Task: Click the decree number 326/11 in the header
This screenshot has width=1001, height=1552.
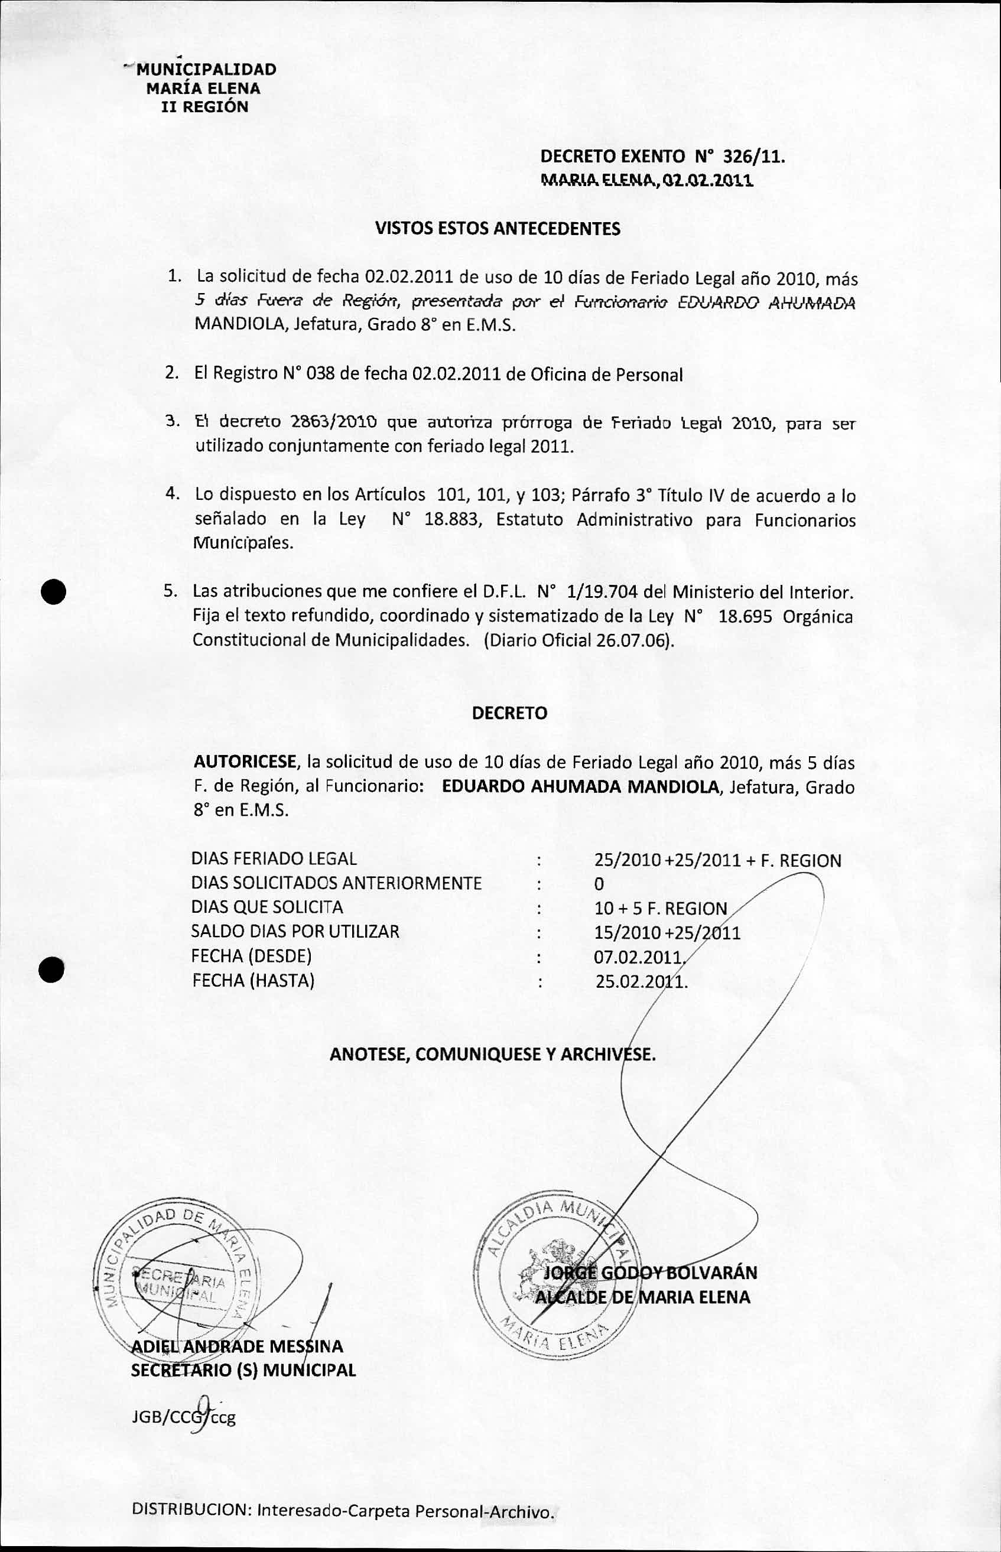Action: click(753, 157)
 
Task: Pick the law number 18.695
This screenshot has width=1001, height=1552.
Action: click(745, 616)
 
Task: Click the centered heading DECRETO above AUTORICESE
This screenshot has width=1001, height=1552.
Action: click(509, 713)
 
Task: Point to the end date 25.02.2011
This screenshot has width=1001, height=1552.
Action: click(641, 981)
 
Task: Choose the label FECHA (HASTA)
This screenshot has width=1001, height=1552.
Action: click(253, 980)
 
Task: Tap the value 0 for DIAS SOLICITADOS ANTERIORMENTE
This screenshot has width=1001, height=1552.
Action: click(599, 884)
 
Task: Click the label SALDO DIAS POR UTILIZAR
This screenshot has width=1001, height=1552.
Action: click(295, 931)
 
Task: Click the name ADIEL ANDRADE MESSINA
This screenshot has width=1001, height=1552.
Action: click(238, 1346)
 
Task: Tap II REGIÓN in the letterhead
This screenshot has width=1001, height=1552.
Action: click(204, 106)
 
